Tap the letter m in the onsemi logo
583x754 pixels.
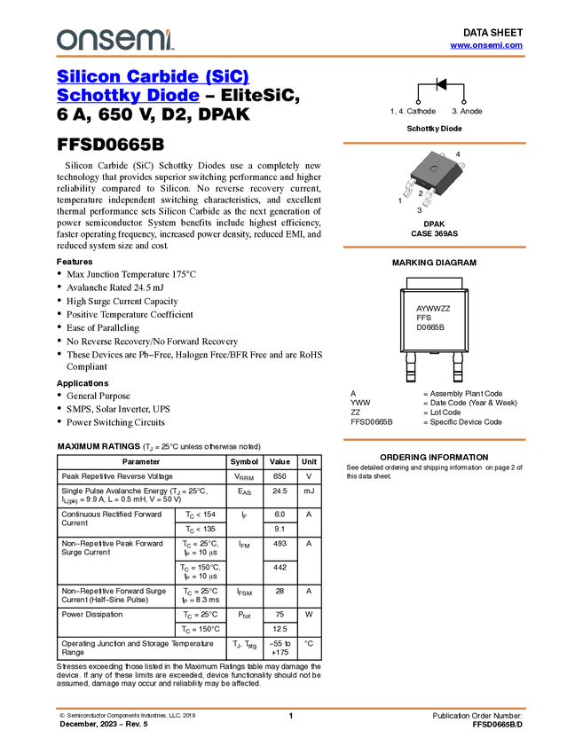[x=152, y=40]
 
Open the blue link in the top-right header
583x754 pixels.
[x=486, y=45]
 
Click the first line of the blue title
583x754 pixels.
[x=154, y=76]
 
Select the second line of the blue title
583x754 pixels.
[x=129, y=97]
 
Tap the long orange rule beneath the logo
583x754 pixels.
[x=290, y=57]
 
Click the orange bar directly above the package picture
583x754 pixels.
[x=434, y=143]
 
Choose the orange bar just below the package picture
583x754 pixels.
[x=434, y=247]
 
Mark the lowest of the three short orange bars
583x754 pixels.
[x=434, y=440]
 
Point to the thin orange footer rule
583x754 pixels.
[x=290, y=709]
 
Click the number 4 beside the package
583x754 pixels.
[x=458, y=154]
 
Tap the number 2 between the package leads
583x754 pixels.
[x=420, y=192]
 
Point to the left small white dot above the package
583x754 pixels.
[x=419, y=103]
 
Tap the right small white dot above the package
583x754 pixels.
[x=462, y=103]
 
